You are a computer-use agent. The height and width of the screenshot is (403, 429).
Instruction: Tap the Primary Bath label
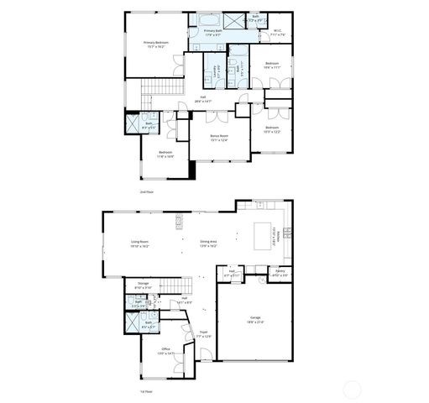tap(212, 32)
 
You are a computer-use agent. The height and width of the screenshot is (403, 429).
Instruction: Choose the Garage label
tap(254, 319)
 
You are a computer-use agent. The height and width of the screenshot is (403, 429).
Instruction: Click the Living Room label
tap(139, 244)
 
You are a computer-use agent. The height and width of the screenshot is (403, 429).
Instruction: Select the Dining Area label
tap(209, 244)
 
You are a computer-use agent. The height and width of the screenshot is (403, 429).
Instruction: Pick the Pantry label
tap(280, 272)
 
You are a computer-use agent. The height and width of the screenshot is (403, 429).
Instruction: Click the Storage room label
tap(143, 285)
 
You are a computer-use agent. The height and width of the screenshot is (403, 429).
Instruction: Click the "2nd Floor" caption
tap(147, 192)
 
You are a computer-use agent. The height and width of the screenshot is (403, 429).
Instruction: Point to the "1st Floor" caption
tap(146, 391)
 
